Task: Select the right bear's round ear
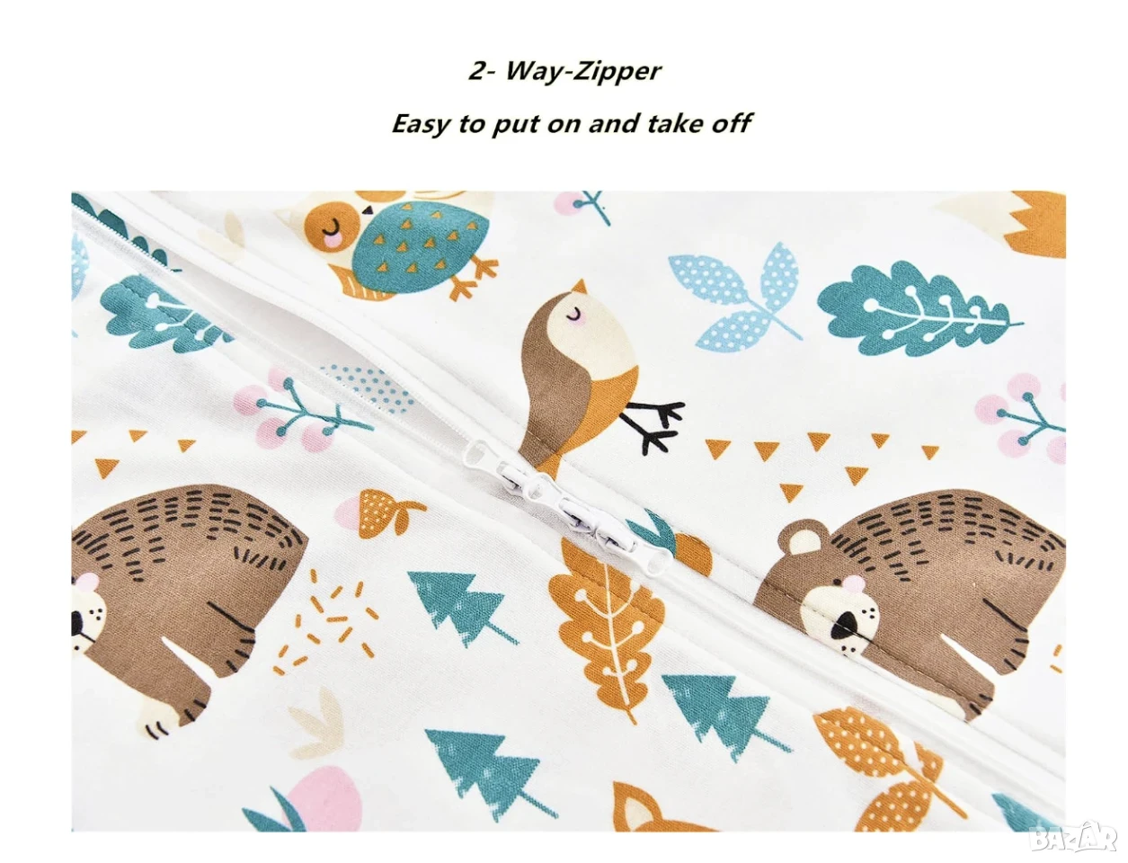(x=797, y=538)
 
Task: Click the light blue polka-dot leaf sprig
(x=735, y=298)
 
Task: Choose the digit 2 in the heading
(x=478, y=71)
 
